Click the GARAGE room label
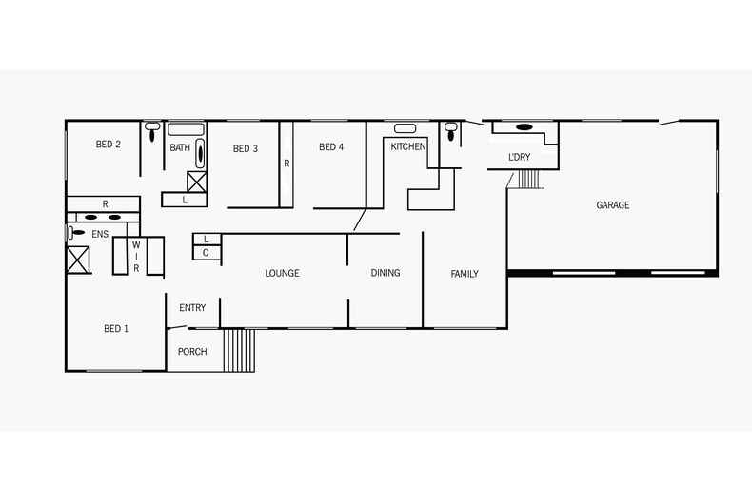pos(612,205)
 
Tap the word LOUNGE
pos(282,273)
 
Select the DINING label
pos(386,273)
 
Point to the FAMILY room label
pos(465,274)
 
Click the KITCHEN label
pos(408,146)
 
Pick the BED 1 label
pos(116,329)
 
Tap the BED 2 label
pos(108,144)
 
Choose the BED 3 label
pos(245,148)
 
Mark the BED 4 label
pos(331,147)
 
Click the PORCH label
pos(192,352)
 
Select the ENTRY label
pos(192,307)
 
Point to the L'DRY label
pos(520,157)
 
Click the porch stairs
pos(239,350)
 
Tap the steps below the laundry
pos(529,179)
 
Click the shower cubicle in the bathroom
pos(197,182)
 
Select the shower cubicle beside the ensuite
pos(78,260)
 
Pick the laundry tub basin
pos(524,127)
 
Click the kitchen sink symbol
pos(405,128)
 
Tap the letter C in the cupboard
pos(206,253)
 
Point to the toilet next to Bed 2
pos(152,131)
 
